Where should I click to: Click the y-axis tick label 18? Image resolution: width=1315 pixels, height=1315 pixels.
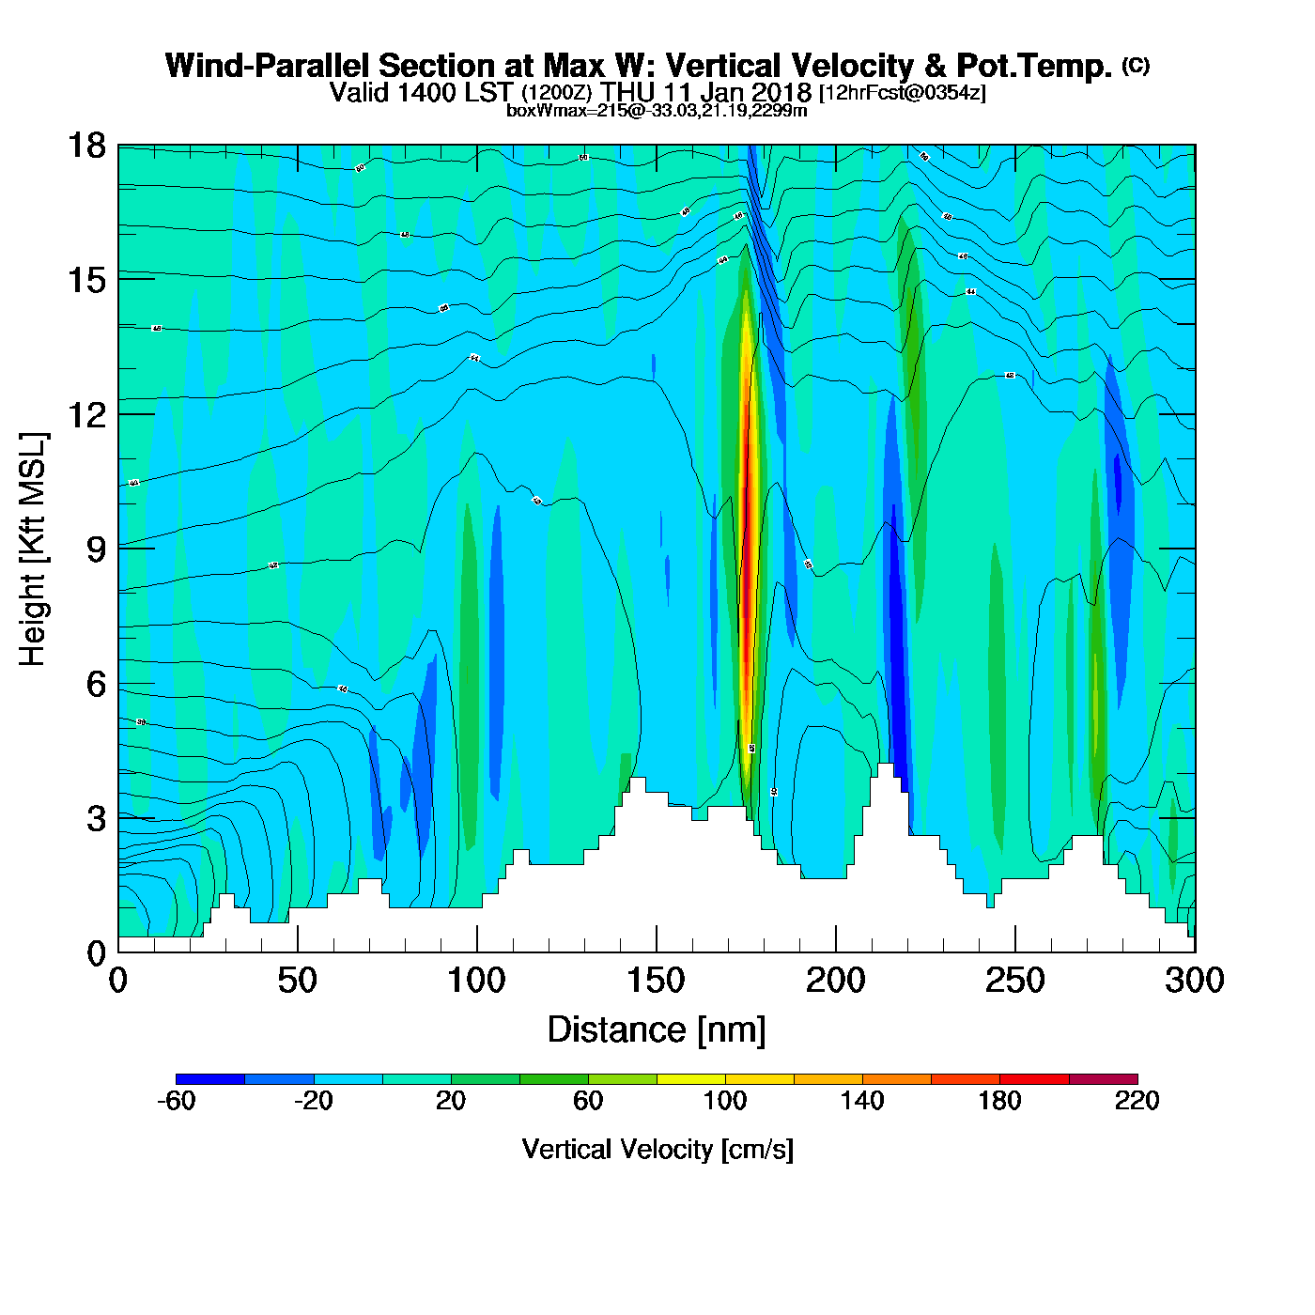(86, 146)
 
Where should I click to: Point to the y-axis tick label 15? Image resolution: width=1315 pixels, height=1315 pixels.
(86, 280)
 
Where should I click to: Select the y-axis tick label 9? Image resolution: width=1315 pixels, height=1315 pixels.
(96, 549)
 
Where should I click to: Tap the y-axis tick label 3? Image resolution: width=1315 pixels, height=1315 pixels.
(96, 819)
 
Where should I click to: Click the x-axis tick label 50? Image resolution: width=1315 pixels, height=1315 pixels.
(297, 981)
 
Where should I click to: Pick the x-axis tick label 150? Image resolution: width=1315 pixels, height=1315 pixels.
(656, 981)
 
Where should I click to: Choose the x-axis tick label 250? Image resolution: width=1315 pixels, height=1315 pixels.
(1014, 981)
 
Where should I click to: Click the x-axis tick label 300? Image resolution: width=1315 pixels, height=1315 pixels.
(1195, 981)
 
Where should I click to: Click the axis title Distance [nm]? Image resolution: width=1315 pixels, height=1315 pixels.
(657, 1030)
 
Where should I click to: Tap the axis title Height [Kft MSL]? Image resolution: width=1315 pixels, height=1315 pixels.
(34, 549)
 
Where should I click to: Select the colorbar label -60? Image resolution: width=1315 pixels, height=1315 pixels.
(176, 1101)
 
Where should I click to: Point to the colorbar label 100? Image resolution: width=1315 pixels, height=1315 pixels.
(725, 1101)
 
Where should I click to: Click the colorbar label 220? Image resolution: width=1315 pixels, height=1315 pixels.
(1137, 1101)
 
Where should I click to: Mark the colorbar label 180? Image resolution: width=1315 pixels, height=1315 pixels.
(999, 1101)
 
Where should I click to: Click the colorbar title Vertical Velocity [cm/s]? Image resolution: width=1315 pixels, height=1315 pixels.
(657, 1149)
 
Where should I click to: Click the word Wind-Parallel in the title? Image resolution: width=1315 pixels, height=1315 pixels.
(271, 66)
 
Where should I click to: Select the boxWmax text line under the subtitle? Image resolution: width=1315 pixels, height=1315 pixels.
(657, 110)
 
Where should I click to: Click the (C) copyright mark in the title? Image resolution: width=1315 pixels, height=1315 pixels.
(1136, 65)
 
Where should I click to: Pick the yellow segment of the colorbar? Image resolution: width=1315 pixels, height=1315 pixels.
(690, 1079)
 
